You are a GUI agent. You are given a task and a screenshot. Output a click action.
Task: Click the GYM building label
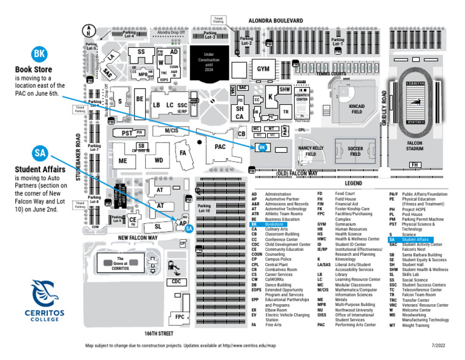tap(263, 68)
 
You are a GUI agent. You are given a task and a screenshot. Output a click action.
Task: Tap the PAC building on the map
tap(220, 146)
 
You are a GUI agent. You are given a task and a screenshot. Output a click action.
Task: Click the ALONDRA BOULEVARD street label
tap(275, 21)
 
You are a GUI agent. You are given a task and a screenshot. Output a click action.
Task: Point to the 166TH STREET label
tap(159, 333)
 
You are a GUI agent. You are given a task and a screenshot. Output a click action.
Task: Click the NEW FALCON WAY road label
tap(138, 238)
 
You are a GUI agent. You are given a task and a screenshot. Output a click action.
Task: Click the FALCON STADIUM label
tap(414, 145)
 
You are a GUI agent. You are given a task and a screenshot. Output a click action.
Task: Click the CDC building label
tap(176, 282)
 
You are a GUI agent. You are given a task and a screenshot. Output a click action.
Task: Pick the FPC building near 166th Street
tap(180, 316)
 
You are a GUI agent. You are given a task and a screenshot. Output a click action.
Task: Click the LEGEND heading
tap(354, 182)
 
